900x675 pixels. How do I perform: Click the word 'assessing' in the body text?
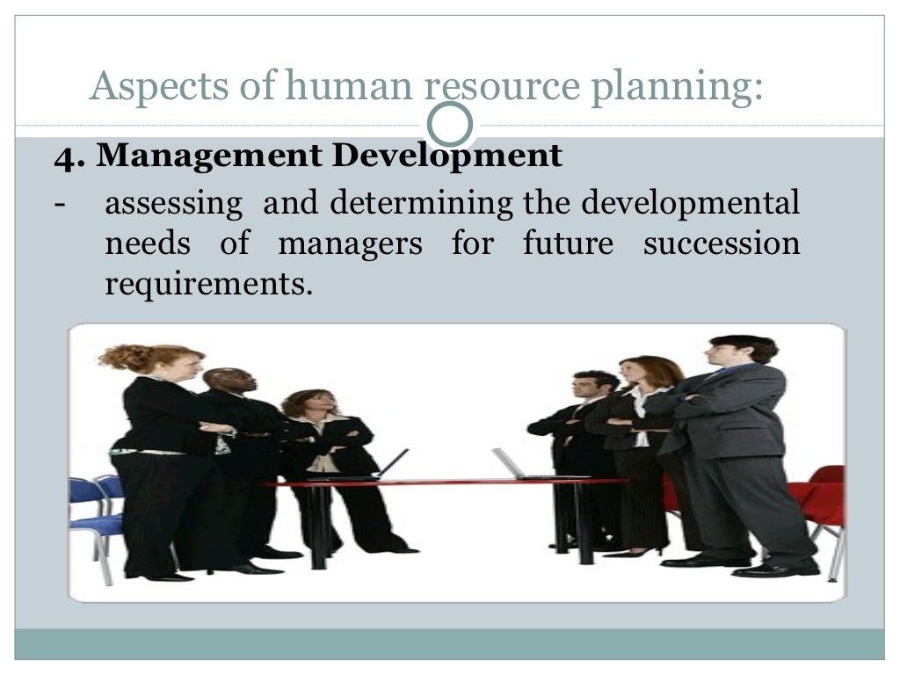(173, 204)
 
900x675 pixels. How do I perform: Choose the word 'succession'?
(721, 243)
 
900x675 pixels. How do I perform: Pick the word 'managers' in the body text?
(350, 243)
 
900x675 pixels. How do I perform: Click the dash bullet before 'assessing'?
(59, 204)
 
